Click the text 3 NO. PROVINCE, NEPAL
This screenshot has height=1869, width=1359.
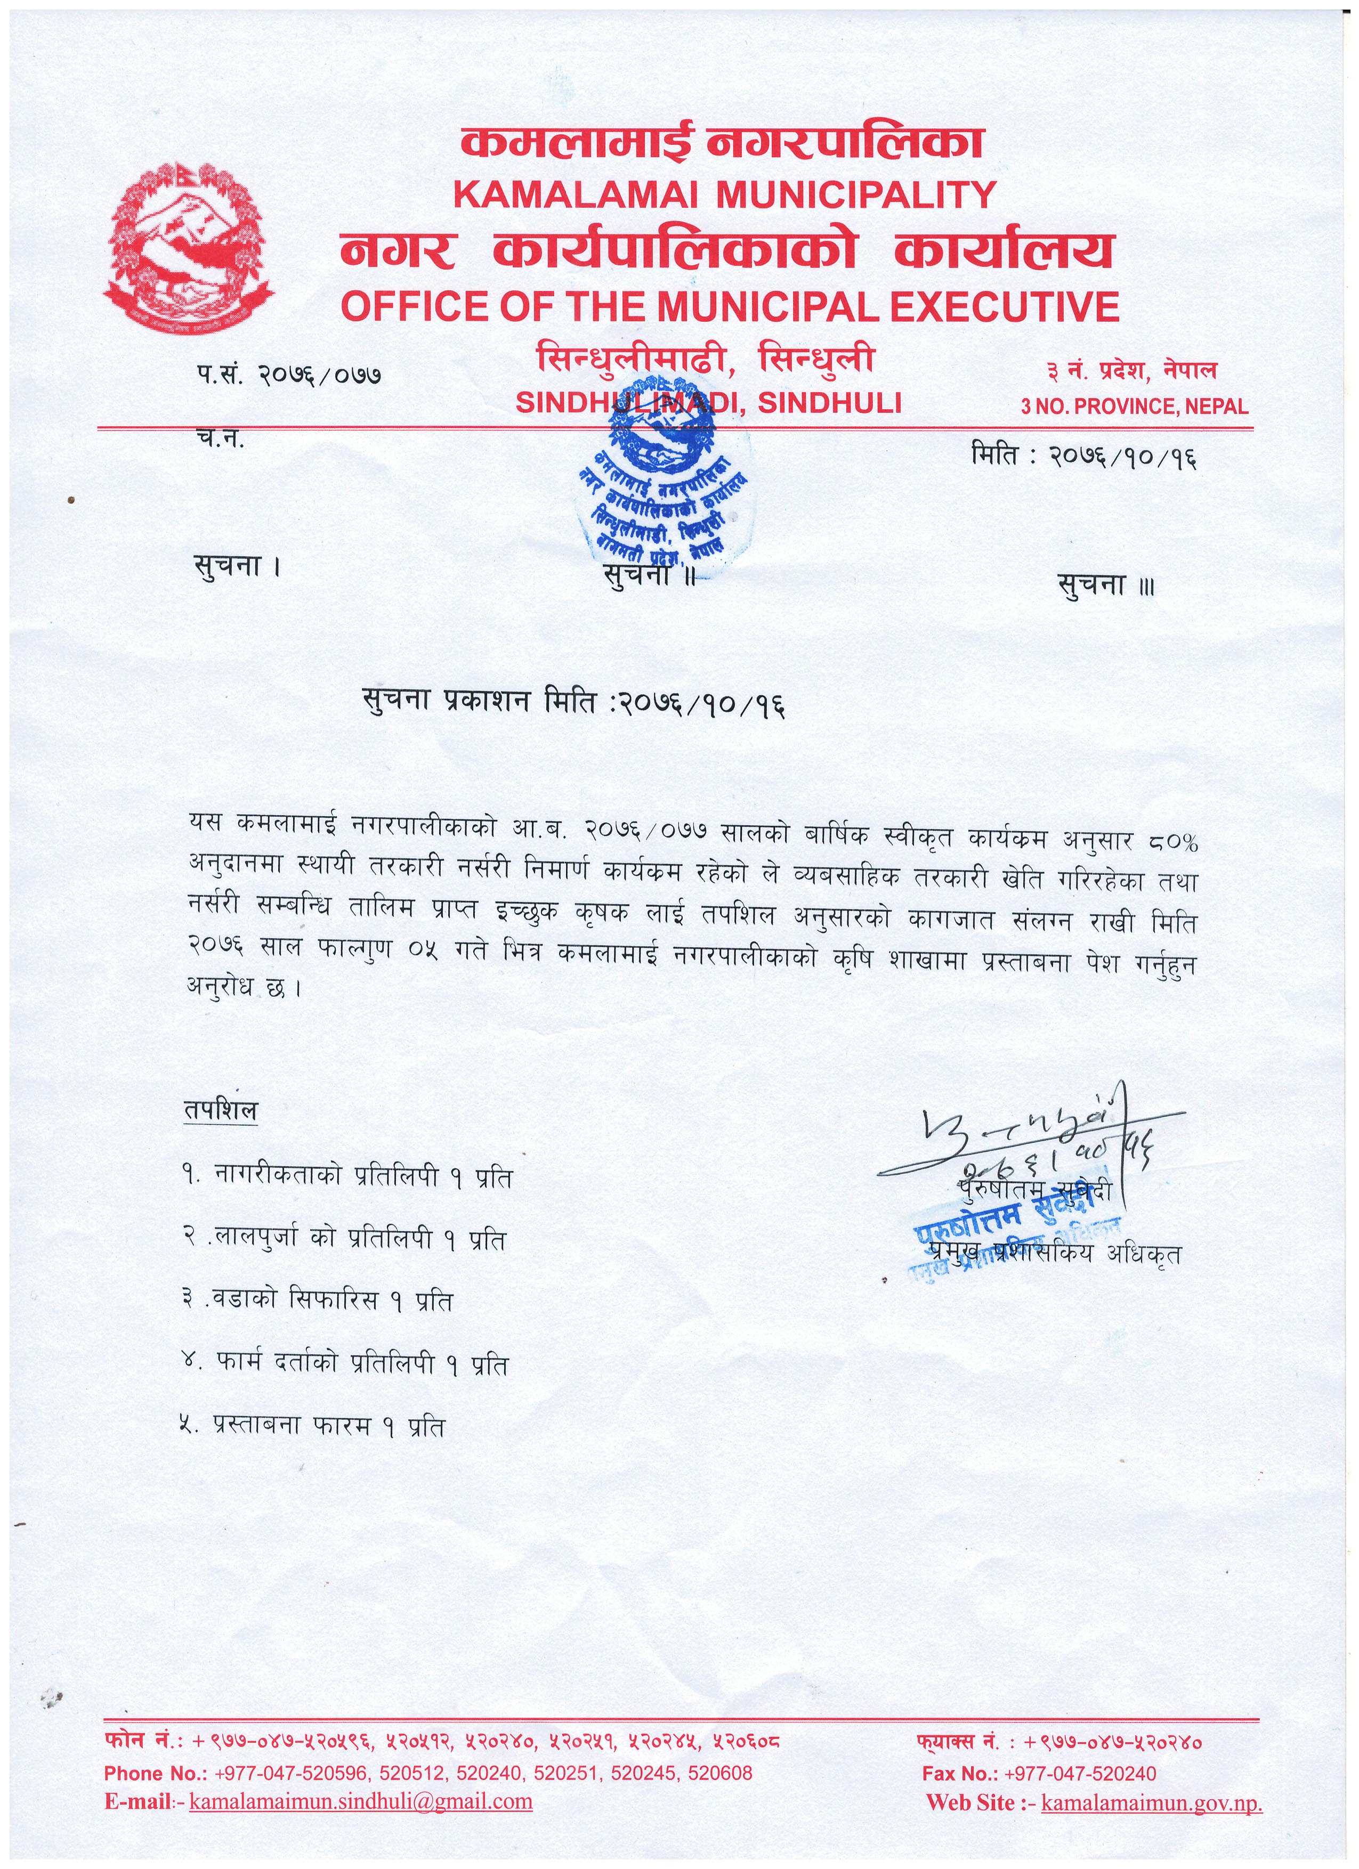click(x=1134, y=405)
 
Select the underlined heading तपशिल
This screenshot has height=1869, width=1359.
click(x=220, y=1110)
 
